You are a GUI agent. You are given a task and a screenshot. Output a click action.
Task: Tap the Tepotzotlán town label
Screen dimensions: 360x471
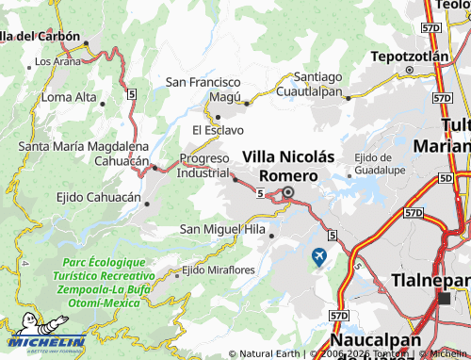click(x=409, y=57)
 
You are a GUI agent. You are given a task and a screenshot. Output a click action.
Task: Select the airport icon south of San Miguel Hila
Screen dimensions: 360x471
click(x=319, y=255)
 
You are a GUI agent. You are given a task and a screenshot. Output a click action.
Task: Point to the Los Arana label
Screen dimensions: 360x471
click(x=57, y=61)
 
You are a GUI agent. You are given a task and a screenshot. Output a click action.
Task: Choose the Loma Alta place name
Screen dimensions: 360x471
click(x=69, y=97)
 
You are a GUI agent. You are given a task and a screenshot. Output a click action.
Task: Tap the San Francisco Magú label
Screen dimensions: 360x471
click(x=204, y=90)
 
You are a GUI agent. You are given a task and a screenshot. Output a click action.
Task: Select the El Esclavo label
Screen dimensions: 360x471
click(x=218, y=130)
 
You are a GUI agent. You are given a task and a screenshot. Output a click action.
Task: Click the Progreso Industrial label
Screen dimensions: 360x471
click(x=203, y=166)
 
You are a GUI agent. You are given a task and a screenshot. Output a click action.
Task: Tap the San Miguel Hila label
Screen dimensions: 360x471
click(x=222, y=229)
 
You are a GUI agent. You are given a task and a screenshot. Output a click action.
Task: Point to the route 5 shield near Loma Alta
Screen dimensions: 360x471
click(x=133, y=94)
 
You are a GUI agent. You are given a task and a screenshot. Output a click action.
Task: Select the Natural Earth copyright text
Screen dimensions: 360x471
click(x=270, y=354)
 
